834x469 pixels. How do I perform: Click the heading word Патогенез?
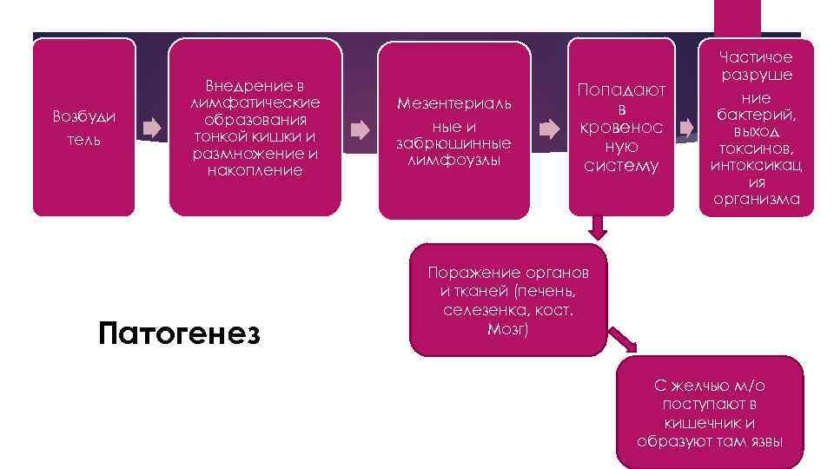(x=179, y=334)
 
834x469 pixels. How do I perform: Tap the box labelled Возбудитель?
(x=83, y=128)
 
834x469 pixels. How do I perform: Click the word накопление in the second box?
(x=255, y=170)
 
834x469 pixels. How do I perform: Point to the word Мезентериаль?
(x=453, y=104)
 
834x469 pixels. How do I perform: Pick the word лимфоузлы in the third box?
(x=453, y=158)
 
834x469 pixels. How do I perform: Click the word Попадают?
(x=622, y=89)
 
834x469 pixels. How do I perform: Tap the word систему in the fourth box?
(x=622, y=166)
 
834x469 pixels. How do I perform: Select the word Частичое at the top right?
(x=755, y=57)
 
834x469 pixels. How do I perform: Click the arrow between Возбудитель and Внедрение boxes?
(x=152, y=129)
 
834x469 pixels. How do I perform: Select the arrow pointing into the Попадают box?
(x=549, y=129)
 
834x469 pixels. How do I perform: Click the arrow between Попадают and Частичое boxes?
(x=688, y=129)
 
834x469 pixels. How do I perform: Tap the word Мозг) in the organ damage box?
(x=508, y=328)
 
